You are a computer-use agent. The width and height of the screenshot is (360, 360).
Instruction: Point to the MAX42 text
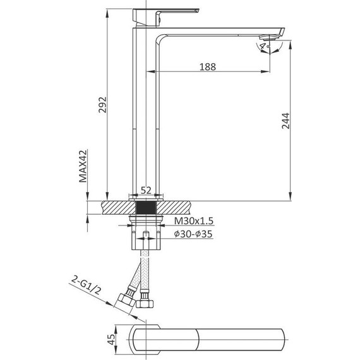pos(82,165)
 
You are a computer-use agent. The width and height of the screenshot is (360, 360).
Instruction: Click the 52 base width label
pos(145,190)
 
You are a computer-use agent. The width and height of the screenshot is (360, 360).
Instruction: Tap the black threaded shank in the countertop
pos(146,207)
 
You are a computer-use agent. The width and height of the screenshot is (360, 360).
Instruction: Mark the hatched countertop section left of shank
pos(117,207)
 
